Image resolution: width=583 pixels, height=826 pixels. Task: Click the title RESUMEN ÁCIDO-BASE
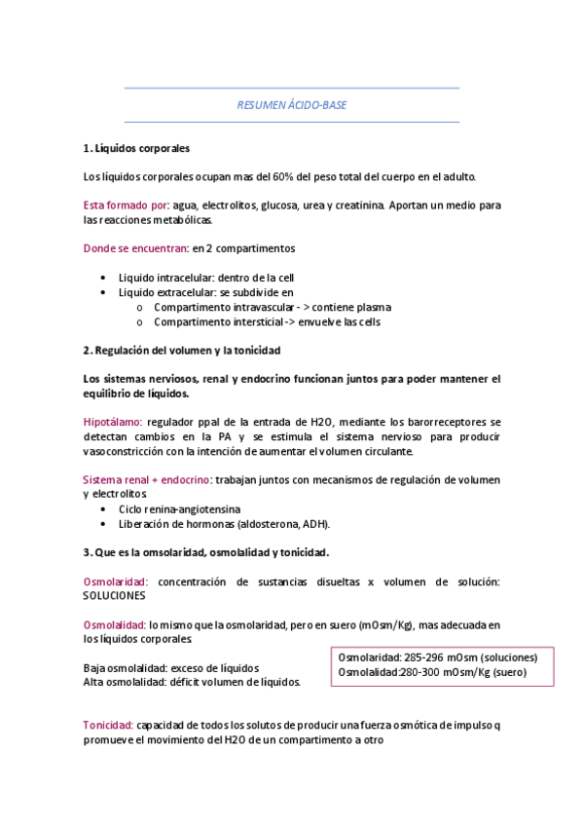pyautogui.click(x=292, y=104)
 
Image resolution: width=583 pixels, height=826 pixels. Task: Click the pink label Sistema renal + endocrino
pyautogui.click(x=147, y=480)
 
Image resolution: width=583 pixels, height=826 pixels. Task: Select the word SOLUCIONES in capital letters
pyautogui.click(x=115, y=595)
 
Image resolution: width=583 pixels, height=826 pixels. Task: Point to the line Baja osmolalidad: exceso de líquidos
pyautogui.click(x=171, y=668)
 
